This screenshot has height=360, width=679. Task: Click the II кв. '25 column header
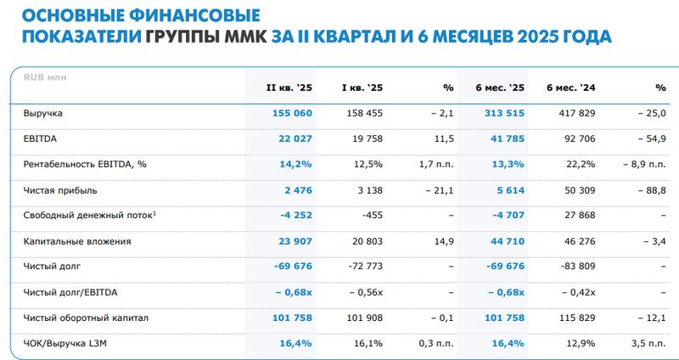[x=289, y=87]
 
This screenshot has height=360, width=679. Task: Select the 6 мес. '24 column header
[x=571, y=87]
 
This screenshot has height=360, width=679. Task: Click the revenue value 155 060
[x=292, y=113]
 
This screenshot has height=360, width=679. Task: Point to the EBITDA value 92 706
[x=579, y=138]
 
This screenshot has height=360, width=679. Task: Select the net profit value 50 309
[x=579, y=190]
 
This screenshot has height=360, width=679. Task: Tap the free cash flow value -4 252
[x=295, y=216]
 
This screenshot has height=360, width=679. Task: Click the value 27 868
[x=579, y=216]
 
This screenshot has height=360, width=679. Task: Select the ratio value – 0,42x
[x=577, y=292]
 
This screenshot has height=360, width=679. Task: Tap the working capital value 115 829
[x=575, y=318]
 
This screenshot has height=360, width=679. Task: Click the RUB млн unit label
[x=48, y=76]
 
